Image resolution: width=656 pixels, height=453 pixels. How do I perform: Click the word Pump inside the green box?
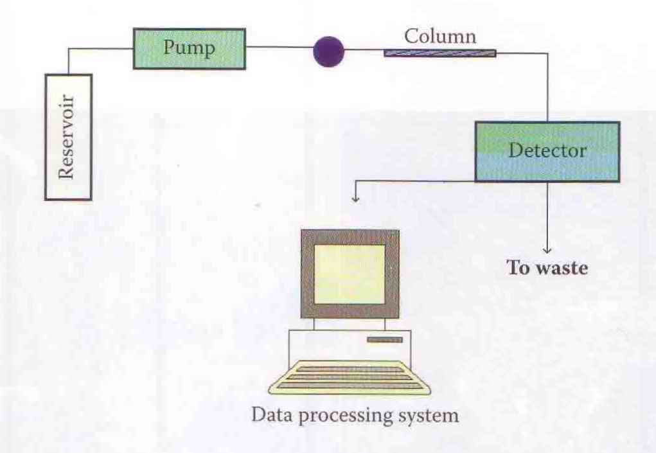pos(188,48)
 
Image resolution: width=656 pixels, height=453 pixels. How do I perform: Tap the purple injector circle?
pos(328,52)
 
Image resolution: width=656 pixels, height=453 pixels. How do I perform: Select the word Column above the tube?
pos(440,36)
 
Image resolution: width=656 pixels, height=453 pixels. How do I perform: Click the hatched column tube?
pos(439,53)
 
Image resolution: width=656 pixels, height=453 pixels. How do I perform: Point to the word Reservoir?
pos(67,137)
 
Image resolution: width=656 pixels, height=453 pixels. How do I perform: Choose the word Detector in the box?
pos(547,151)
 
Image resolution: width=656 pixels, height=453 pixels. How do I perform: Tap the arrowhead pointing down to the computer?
pos(355,199)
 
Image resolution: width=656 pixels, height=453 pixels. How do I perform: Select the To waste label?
pos(547,268)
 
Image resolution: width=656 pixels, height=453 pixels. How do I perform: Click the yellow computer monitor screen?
pos(350,273)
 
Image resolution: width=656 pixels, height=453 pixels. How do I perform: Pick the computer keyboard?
pos(350,377)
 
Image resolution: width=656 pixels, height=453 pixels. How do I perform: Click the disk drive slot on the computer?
pos(385,339)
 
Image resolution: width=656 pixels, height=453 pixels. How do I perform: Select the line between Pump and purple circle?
pos(279,47)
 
